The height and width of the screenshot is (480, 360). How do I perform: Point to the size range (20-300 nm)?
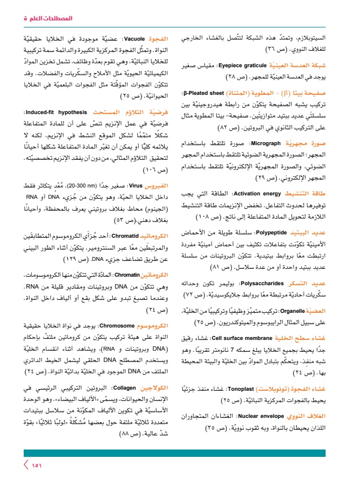(91, 185)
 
